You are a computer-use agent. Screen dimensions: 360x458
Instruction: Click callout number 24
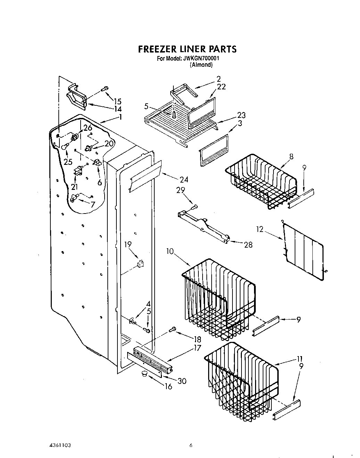pos(184,179)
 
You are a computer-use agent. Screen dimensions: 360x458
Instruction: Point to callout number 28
pos(248,245)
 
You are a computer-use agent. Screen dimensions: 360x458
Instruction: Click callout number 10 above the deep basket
pos(170,251)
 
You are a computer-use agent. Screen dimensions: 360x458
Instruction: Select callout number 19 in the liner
pos(128,244)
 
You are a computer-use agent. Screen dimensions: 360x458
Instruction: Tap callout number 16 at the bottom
pos(168,387)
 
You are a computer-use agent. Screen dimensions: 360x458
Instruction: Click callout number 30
pos(182,381)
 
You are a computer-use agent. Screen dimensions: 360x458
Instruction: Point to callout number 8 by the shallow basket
pos(291,156)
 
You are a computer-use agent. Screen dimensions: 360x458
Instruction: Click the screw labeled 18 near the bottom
pos(172,329)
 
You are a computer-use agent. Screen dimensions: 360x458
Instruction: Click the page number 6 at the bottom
pos(191,445)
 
